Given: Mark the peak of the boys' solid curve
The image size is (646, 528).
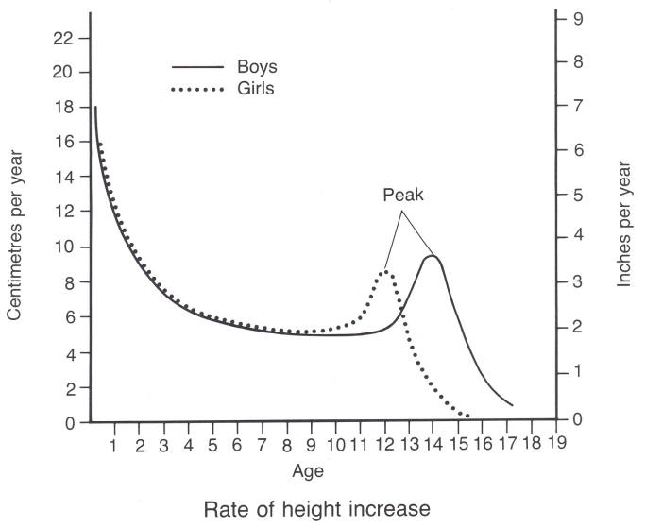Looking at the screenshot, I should (x=433, y=256).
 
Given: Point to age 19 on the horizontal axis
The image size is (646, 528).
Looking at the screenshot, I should (x=557, y=442).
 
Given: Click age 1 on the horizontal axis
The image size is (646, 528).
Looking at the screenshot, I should (x=114, y=442).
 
